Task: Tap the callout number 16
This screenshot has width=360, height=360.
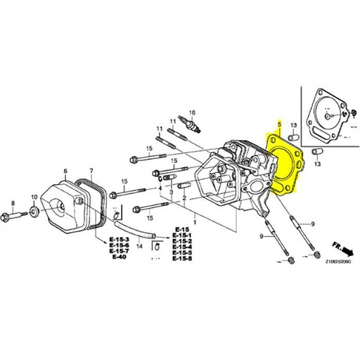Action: point(191,112)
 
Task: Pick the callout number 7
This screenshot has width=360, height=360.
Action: point(90,171)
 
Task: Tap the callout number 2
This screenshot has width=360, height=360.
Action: point(184,199)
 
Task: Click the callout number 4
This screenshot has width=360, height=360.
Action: point(160,188)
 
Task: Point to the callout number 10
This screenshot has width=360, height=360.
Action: point(33,197)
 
